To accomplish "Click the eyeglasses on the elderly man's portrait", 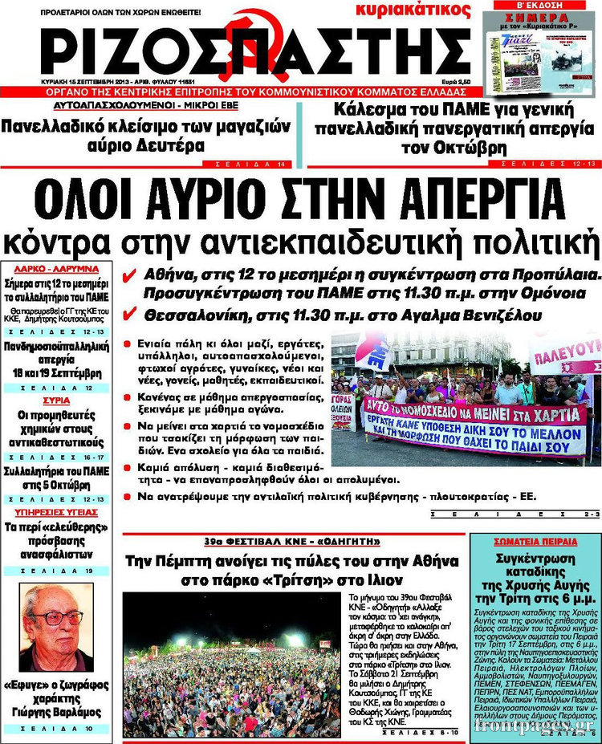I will coord(57,618).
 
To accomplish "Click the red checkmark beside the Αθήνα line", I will coord(128,275).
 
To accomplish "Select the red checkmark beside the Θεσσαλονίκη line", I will coord(128,314).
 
